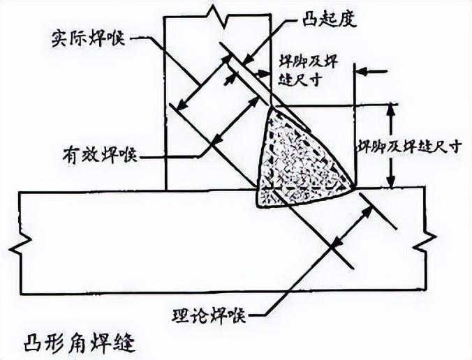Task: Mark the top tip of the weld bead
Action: click(272, 106)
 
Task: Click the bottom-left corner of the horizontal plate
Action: click(22, 292)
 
